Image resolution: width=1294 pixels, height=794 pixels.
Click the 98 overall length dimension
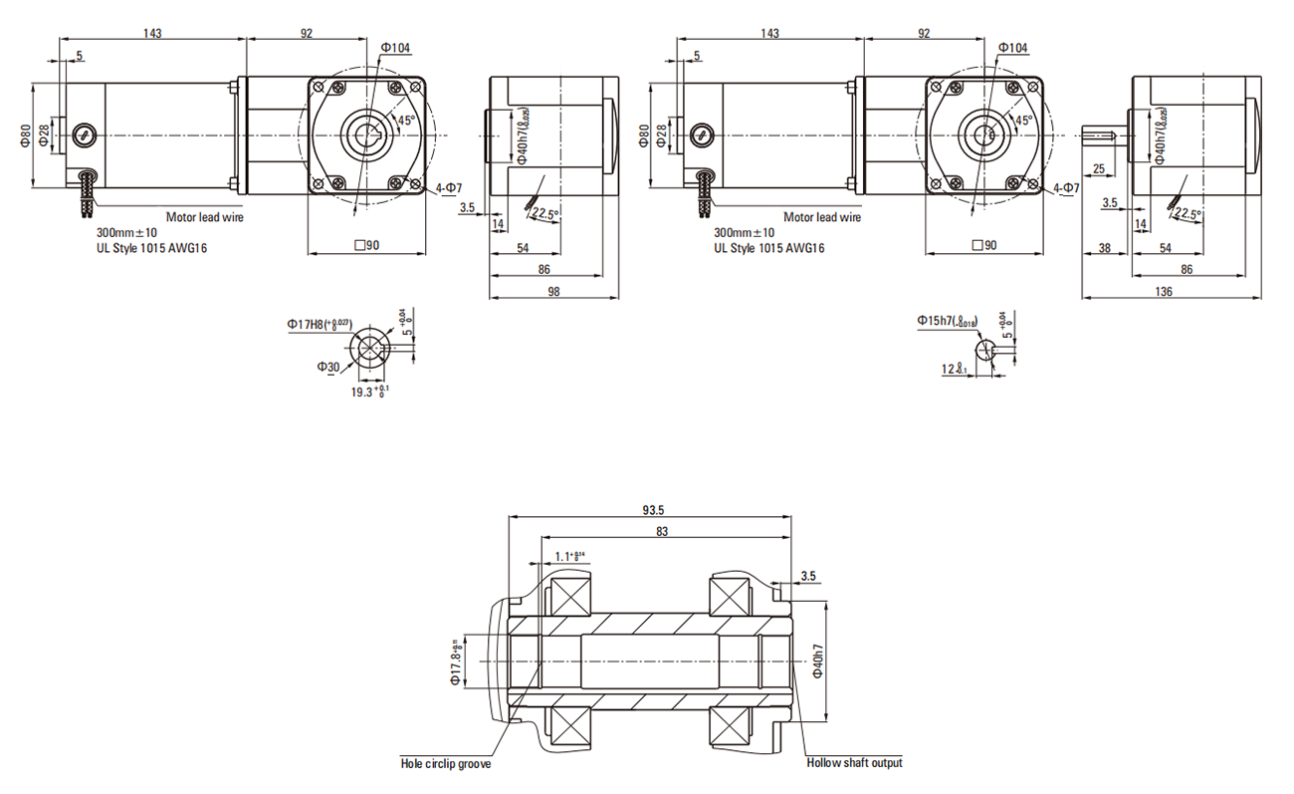[554, 291]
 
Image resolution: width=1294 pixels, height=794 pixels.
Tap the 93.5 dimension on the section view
[652, 510]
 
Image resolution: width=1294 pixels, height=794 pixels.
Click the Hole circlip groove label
[446, 764]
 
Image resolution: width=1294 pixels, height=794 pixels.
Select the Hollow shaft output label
[854, 763]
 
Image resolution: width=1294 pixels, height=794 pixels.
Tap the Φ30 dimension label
[328, 368]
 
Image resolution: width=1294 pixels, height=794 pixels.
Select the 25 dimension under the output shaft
[1100, 168]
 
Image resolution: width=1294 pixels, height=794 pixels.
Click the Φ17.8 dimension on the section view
[458, 662]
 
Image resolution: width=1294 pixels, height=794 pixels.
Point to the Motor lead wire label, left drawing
[203, 216]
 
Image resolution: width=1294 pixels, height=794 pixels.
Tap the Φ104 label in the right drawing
[1012, 48]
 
